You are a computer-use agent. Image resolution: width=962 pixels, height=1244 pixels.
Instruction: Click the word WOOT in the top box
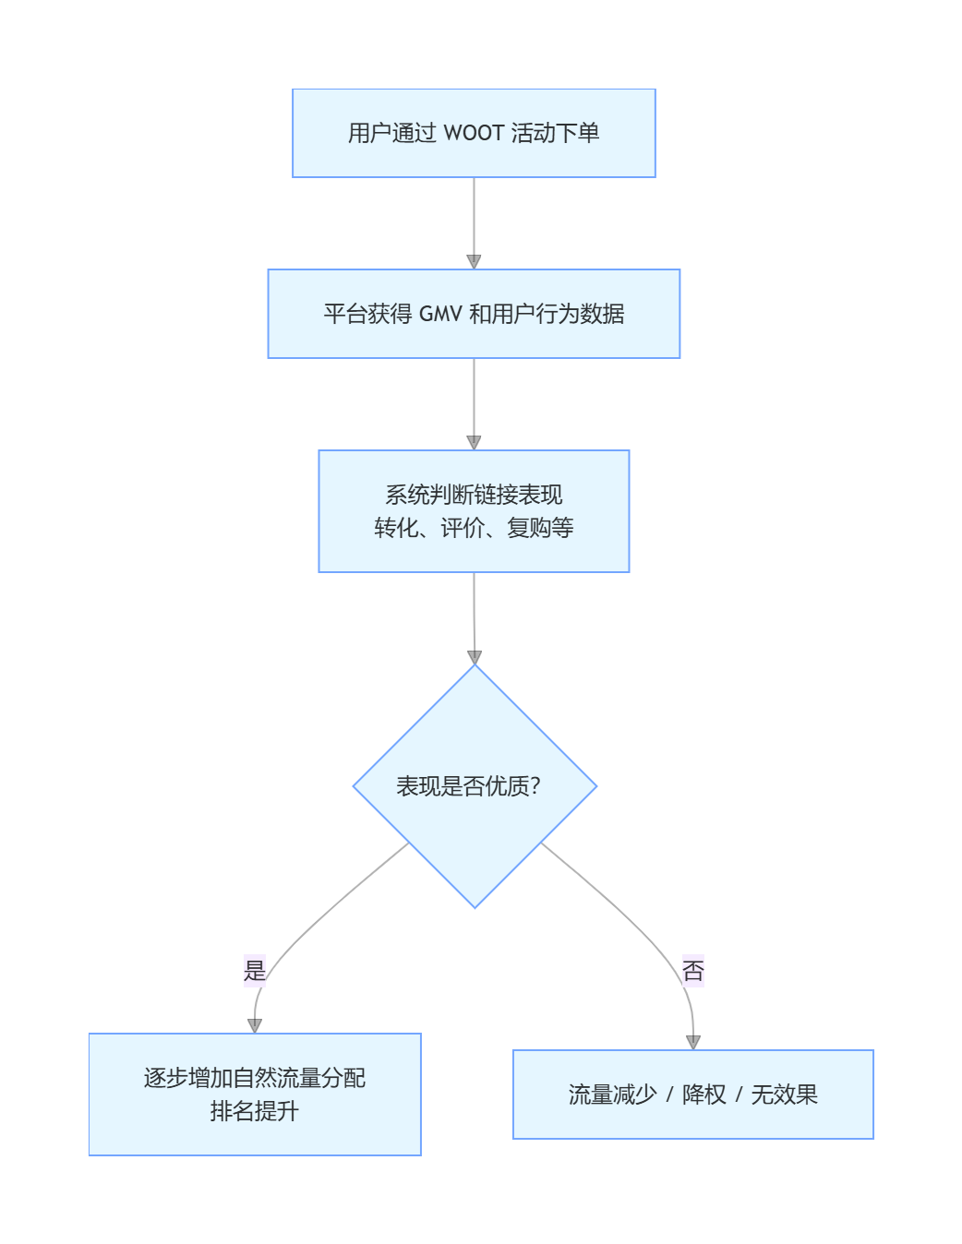(x=474, y=133)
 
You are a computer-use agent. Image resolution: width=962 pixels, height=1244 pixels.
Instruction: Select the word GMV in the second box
(x=440, y=314)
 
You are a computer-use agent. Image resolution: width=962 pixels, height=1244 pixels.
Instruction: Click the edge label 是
(x=254, y=970)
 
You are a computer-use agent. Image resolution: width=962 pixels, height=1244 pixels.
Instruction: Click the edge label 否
(x=692, y=970)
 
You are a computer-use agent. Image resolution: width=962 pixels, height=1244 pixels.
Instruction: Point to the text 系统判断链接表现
(x=474, y=495)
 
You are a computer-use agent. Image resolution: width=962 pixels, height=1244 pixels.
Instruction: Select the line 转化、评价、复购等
(x=474, y=528)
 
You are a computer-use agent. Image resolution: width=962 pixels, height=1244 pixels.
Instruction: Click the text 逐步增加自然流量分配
(x=255, y=1078)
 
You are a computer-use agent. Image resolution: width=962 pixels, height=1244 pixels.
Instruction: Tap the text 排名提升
(x=255, y=1111)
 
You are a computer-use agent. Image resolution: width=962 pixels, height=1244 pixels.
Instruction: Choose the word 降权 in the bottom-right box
(x=703, y=1094)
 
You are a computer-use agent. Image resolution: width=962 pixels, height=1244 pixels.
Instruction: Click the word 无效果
(x=784, y=1094)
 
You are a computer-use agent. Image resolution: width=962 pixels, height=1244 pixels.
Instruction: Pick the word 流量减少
(x=612, y=1094)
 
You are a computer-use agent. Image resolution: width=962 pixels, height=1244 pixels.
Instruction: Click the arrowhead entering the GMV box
(x=474, y=262)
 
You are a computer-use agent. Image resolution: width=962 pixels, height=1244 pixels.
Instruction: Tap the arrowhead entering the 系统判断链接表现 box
(x=474, y=443)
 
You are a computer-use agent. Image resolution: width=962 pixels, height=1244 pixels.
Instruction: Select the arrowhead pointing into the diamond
(x=475, y=657)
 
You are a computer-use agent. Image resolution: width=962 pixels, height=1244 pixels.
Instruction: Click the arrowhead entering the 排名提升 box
(x=255, y=1026)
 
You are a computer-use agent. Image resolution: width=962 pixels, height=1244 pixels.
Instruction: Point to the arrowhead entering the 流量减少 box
(x=693, y=1043)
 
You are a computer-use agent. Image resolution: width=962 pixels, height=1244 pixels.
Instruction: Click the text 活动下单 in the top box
(x=555, y=133)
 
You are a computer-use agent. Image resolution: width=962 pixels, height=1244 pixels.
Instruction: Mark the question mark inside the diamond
(x=535, y=786)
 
